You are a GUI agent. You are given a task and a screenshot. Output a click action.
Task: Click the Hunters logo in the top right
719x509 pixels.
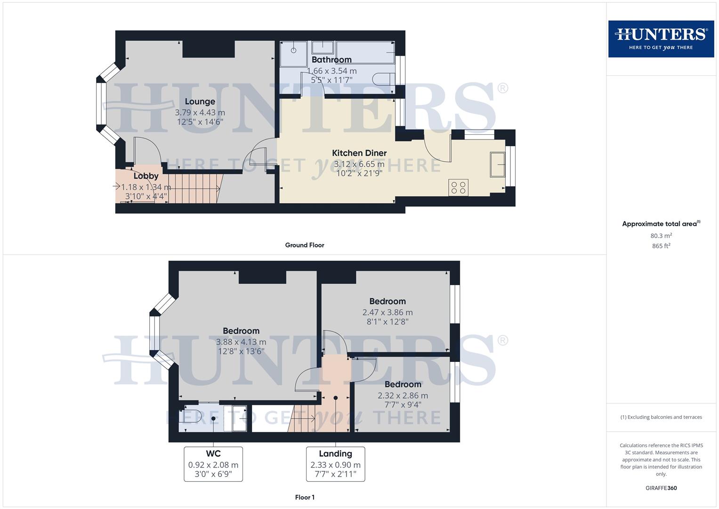coord(661,39)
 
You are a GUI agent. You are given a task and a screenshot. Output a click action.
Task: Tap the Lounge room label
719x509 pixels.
coord(200,101)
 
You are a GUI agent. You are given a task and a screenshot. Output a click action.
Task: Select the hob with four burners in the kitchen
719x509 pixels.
coord(458,188)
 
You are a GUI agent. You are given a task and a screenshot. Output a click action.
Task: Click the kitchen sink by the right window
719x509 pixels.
coord(497,164)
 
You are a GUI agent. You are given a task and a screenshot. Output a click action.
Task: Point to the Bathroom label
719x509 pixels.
coord(331,60)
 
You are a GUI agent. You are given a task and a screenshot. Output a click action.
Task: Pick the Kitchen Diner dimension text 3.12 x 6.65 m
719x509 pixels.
coord(359,164)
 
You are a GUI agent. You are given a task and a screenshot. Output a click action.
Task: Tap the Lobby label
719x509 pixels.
coord(146,176)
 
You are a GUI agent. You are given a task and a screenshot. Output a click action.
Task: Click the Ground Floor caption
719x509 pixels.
coord(305,245)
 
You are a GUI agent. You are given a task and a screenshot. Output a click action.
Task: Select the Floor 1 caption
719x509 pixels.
coord(305,497)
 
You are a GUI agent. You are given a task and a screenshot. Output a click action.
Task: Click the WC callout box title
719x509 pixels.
coord(213,453)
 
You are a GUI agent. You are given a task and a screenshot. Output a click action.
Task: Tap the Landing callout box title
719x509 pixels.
coord(335,453)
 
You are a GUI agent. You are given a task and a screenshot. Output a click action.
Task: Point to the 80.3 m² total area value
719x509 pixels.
coord(661,236)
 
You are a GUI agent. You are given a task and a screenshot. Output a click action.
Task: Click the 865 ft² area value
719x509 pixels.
coord(661,246)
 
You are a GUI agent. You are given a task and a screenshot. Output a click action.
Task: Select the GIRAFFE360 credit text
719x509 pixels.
coord(661,488)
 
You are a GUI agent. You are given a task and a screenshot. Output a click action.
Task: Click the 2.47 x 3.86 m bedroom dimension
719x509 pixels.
coord(388,312)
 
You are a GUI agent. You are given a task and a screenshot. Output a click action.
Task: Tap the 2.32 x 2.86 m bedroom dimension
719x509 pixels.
coord(403,395)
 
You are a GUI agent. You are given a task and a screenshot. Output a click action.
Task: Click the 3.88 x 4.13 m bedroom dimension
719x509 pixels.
coord(241,342)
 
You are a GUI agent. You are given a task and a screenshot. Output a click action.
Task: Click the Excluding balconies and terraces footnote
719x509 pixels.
coord(661,417)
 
